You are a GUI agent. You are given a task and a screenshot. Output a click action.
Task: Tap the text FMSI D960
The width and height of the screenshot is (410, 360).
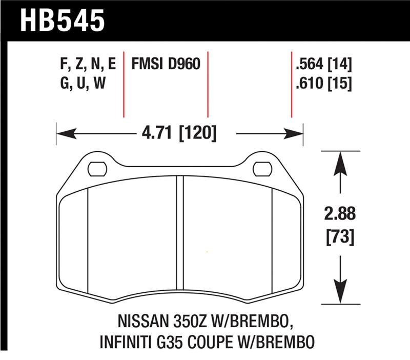[x=166, y=65]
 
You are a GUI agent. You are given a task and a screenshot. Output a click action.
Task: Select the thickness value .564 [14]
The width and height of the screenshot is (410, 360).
[x=323, y=65]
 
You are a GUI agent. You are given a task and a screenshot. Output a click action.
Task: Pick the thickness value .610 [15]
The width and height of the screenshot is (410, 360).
[x=323, y=83]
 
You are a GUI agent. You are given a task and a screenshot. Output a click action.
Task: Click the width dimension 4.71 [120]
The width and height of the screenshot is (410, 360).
[x=179, y=134]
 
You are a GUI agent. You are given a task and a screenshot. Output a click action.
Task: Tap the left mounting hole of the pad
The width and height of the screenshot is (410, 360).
[x=97, y=168]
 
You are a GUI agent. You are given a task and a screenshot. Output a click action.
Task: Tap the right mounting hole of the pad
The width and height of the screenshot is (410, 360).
[x=262, y=168]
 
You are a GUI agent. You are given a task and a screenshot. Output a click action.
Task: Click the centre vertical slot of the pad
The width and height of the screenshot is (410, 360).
[x=179, y=236]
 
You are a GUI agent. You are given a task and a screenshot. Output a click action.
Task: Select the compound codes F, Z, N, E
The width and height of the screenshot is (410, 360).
[x=88, y=65]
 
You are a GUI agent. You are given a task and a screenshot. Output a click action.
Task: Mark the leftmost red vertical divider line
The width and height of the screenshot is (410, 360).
[x=124, y=85]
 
